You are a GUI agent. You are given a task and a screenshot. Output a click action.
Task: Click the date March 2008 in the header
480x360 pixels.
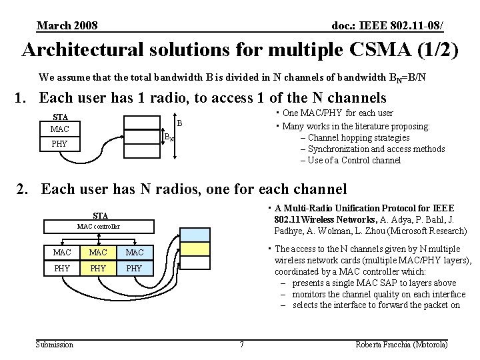67,25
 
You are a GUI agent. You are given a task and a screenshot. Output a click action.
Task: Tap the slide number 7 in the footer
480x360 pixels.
241,344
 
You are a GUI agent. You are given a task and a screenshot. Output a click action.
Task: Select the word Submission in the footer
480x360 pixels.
55,344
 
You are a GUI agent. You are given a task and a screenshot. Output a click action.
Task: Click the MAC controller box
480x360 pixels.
98,227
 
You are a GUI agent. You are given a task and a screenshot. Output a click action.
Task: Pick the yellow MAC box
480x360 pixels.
135,253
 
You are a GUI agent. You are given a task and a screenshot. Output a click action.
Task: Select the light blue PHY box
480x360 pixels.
98,269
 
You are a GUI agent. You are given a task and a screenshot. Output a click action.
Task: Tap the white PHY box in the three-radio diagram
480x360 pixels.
62,269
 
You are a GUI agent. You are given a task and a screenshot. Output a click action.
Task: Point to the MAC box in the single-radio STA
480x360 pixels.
61,128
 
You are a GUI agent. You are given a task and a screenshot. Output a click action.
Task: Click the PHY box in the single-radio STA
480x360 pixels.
61,144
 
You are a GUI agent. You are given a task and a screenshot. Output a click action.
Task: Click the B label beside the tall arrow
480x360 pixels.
179,123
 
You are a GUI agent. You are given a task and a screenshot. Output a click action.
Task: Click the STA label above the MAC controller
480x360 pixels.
101,215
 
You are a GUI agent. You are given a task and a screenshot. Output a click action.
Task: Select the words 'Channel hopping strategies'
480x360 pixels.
359,138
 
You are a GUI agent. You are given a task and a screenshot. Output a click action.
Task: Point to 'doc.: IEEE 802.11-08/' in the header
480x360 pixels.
387,25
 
